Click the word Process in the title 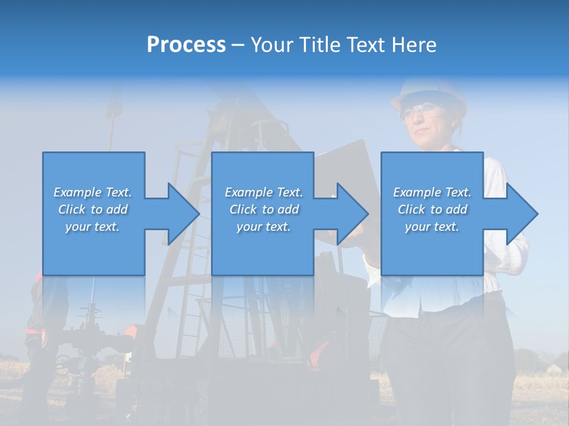(x=186, y=45)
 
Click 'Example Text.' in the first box (x=92, y=192)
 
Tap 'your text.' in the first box (x=92, y=227)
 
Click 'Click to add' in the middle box (x=264, y=209)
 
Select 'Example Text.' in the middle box (x=264, y=192)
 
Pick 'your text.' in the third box (x=432, y=227)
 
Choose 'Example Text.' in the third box (x=432, y=192)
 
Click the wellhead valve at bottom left (x=89, y=343)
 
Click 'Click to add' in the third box (x=432, y=209)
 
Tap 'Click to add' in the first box (x=92, y=209)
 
